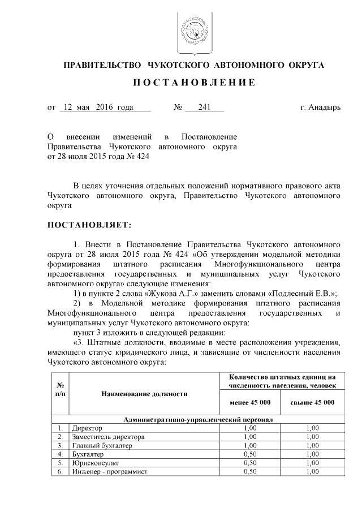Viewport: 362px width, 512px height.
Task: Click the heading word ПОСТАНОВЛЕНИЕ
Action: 193,83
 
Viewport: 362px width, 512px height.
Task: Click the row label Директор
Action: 84,428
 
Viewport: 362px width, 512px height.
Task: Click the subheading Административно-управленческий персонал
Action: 199,420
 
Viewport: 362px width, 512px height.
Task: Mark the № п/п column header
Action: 60,389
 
